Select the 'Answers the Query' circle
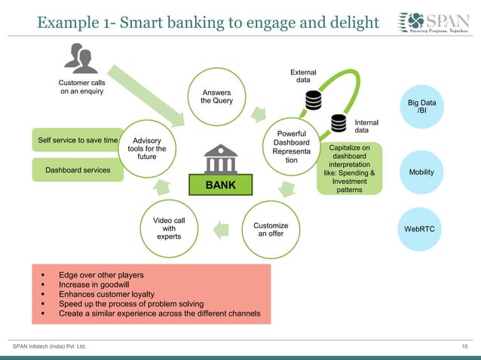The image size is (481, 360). (216, 97)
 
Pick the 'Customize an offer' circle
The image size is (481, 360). (271, 230)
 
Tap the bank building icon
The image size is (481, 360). (220, 159)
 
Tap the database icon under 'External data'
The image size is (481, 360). (313, 100)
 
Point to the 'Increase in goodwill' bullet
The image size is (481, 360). (101, 285)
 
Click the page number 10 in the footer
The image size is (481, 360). (465, 346)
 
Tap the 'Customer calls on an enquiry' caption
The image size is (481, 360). (81, 87)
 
